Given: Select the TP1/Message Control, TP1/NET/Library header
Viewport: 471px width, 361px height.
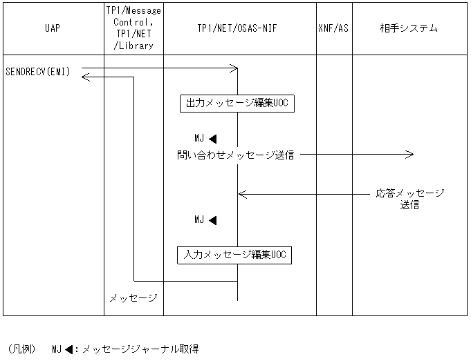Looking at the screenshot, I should click(x=133, y=28).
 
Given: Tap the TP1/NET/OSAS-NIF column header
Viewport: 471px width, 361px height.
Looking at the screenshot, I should click(x=239, y=28).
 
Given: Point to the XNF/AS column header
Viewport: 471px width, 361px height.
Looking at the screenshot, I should click(x=334, y=28).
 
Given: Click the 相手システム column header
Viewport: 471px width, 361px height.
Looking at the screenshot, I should click(x=409, y=28).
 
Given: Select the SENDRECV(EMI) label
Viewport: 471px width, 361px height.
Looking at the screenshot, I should click(x=37, y=72).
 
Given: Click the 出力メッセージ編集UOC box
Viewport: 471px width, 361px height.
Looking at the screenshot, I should click(x=233, y=104).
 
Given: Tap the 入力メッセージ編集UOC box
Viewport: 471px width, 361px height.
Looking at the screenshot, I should click(x=234, y=255).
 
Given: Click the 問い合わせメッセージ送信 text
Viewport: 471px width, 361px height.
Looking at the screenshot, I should click(x=235, y=155).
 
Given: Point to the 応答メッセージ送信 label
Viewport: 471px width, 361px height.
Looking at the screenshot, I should click(x=409, y=199).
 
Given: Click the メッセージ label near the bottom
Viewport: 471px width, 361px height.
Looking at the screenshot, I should click(x=133, y=298).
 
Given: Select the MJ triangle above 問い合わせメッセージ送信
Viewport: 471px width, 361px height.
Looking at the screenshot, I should click(x=212, y=139).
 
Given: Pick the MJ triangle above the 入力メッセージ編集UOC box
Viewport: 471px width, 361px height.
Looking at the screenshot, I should click(x=212, y=221).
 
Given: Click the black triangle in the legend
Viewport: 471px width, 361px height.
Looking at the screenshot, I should click(x=69, y=349).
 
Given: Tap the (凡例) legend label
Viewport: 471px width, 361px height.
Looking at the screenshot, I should click(x=21, y=349).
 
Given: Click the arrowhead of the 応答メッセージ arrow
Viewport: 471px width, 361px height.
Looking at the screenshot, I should click(x=242, y=194).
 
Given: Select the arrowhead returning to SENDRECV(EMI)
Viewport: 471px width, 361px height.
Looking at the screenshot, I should click(x=85, y=77).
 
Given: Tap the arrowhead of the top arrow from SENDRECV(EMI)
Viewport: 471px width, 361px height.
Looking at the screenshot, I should click(x=234, y=68).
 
